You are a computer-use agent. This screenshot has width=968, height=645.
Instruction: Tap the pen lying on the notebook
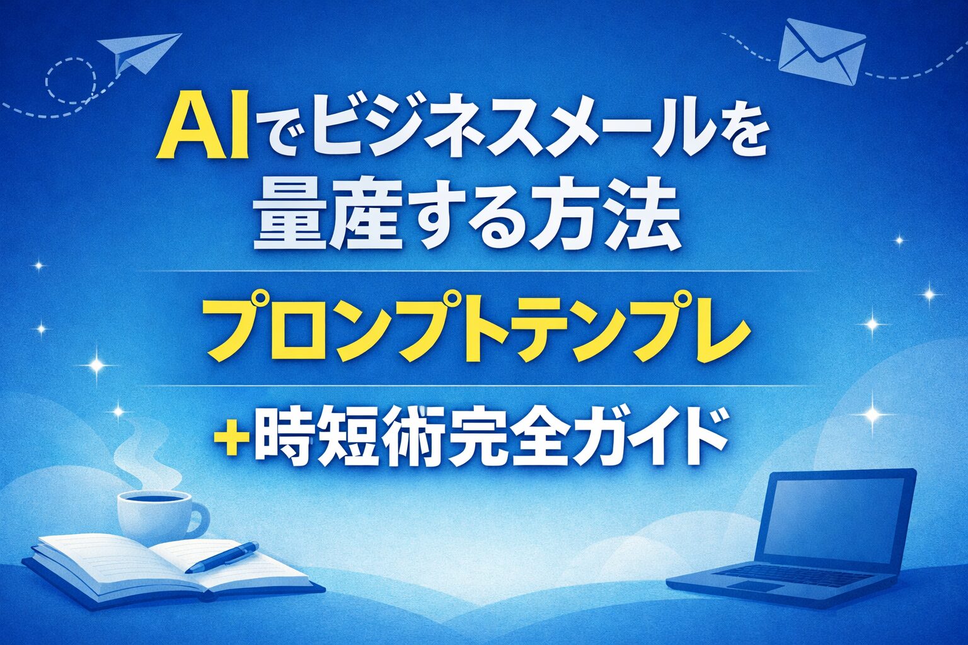[x=222, y=557]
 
